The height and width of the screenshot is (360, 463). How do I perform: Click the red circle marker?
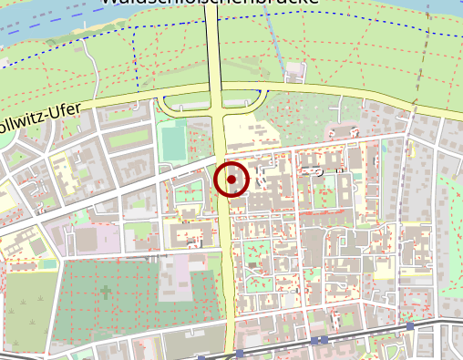tap(231, 180)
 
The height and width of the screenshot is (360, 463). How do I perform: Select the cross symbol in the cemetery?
tap(106, 293)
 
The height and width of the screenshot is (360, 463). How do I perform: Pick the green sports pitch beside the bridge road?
tap(171, 141)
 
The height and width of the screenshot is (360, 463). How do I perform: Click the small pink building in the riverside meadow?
tap(293, 70)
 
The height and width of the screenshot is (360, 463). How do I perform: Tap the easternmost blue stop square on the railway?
tap(410, 325)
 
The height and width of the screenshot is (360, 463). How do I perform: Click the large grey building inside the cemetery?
tap(175, 278)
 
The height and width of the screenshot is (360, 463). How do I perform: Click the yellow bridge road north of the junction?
tap(215, 46)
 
